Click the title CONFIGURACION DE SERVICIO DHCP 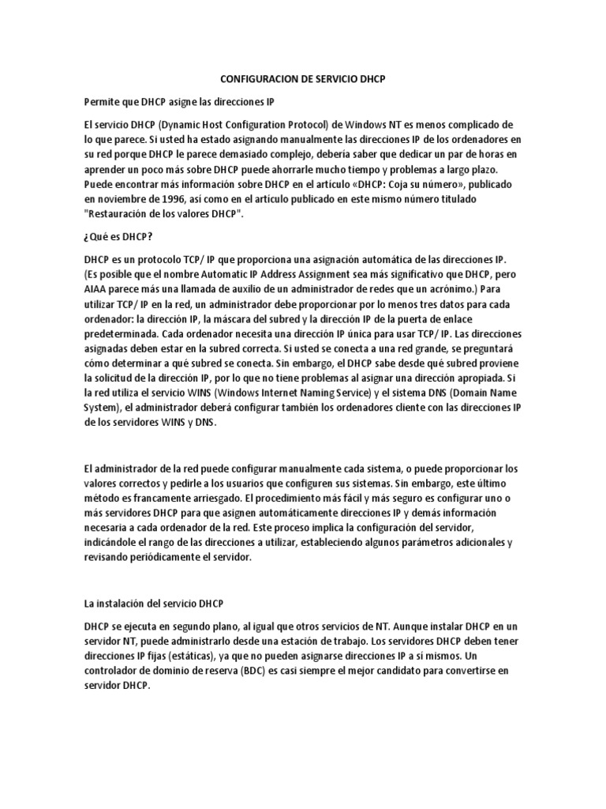tap(302, 80)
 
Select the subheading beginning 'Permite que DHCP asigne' tap(179, 103)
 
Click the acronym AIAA tap(96, 288)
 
